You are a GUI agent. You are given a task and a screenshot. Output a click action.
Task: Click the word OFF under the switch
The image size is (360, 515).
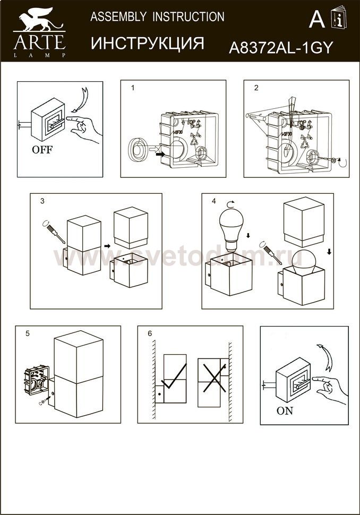[x=42, y=149]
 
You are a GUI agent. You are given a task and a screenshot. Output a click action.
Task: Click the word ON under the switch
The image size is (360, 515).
[x=285, y=410]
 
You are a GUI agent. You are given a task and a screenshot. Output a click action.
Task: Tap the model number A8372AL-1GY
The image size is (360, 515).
[x=280, y=48]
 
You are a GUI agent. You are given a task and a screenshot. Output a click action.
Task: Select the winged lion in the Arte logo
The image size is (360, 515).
[x=38, y=20]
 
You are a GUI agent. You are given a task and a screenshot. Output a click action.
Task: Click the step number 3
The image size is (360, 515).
[x=42, y=201]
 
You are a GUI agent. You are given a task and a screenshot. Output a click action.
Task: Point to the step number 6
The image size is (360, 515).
[x=150, y=333]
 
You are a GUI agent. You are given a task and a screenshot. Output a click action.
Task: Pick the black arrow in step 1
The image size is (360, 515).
[x=160, y=154]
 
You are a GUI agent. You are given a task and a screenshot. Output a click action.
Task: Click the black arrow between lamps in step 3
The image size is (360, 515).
[x=107, y=246]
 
